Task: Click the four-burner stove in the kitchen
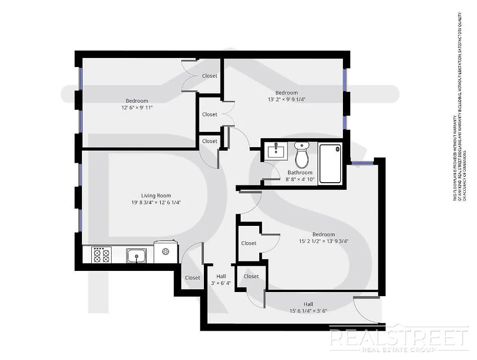101,255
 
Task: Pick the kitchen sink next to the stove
136,256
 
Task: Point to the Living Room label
156,196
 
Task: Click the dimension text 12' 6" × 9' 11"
137,108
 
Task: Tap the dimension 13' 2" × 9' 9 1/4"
287,99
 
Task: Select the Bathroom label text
300,173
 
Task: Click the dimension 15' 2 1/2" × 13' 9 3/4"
324,241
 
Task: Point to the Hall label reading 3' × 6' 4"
221,283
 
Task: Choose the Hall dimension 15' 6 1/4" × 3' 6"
308,310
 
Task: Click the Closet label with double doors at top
210,76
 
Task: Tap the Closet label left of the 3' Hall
193,278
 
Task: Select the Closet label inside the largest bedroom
249,243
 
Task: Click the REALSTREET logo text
398,337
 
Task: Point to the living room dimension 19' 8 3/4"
156,202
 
